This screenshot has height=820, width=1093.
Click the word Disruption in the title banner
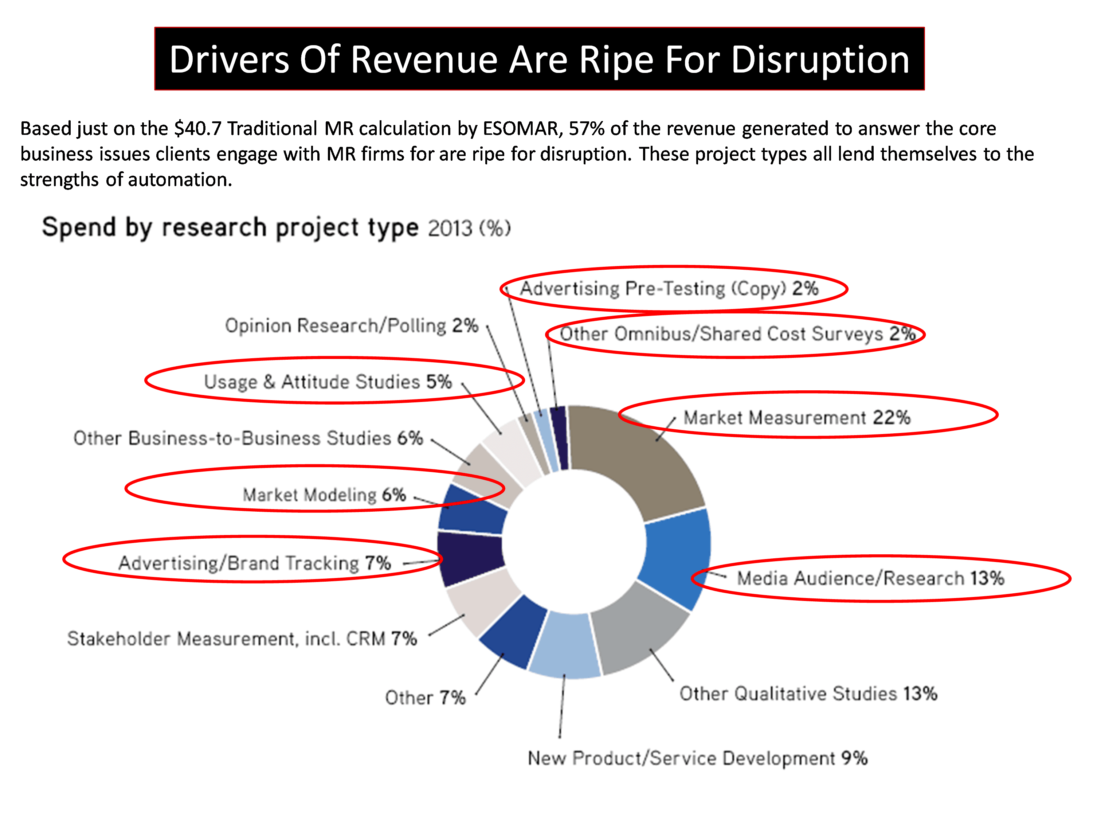point(820,60)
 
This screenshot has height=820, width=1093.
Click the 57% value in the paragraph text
point(587,129)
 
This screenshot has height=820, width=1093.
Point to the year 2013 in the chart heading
point(450,229)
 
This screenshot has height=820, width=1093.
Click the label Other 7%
point(425,698)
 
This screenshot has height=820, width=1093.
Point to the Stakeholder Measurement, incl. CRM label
point(242,639)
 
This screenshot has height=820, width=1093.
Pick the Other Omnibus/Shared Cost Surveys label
point(736,334)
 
